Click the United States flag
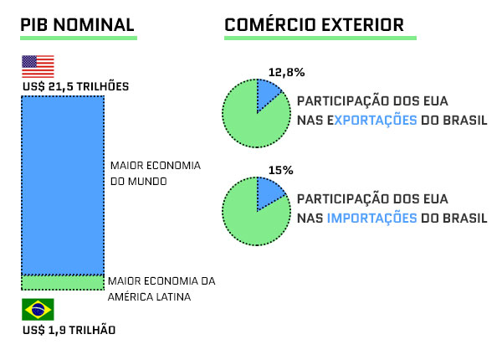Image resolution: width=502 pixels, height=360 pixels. coord(38,66)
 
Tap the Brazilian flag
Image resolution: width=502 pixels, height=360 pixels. coord(38,310)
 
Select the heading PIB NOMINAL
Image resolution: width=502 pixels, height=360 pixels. coord(77,25)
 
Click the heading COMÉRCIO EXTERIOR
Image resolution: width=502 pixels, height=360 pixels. coord(314,24)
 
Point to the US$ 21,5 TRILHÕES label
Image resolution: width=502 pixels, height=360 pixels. coord(75,86)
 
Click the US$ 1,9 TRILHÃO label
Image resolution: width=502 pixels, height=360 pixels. coord(69,330)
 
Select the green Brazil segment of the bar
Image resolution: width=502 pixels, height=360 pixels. coord(63,282)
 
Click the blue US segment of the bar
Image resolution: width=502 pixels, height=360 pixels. coord(63,186)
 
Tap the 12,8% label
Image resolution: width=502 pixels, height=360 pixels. coord(286,72)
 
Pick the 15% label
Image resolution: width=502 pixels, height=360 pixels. coord(281,171)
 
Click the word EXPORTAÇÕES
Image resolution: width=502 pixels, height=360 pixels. coord(372,120)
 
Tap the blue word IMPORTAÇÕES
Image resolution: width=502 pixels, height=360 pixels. coord(372,219)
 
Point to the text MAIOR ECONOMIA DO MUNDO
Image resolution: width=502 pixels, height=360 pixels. coord(156,173)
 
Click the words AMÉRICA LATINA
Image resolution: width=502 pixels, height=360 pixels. coord(149,297)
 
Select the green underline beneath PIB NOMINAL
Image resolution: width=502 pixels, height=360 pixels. coord(79,39)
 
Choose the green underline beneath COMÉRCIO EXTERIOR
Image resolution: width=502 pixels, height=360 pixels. coord(320,39)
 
